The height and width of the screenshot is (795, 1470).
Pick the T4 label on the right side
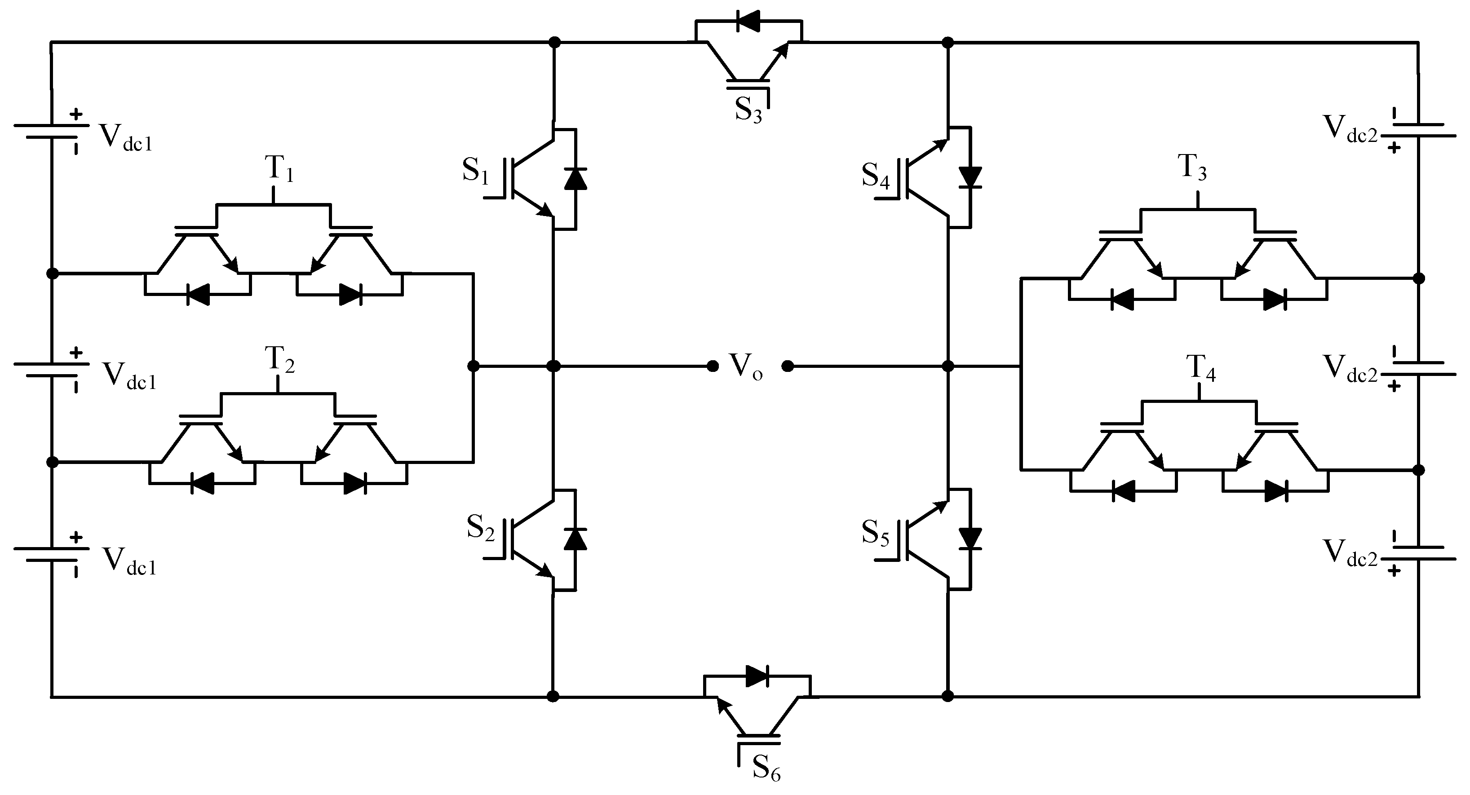(x=1200, y=368)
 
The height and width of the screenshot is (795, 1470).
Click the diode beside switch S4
(x=970, y=177)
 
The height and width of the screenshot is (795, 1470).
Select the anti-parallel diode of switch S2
(x=575, y=538)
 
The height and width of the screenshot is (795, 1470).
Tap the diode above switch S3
(x=748, y=22)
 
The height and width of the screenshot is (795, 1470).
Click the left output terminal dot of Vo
(x=712, y=367)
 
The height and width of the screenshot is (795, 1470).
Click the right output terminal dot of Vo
(x=787, y=367)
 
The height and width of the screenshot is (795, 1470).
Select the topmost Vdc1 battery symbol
(x=51, y=131)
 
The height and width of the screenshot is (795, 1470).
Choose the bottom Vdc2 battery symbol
(x=1417, y=552)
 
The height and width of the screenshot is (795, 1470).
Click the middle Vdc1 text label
(x=129, y=375)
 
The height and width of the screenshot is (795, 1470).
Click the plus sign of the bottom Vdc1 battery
(x=76, y=537)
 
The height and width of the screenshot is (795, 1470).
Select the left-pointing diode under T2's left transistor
(x=201, y=483)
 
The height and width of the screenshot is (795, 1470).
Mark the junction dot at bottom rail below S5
(x=948, y=696)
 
